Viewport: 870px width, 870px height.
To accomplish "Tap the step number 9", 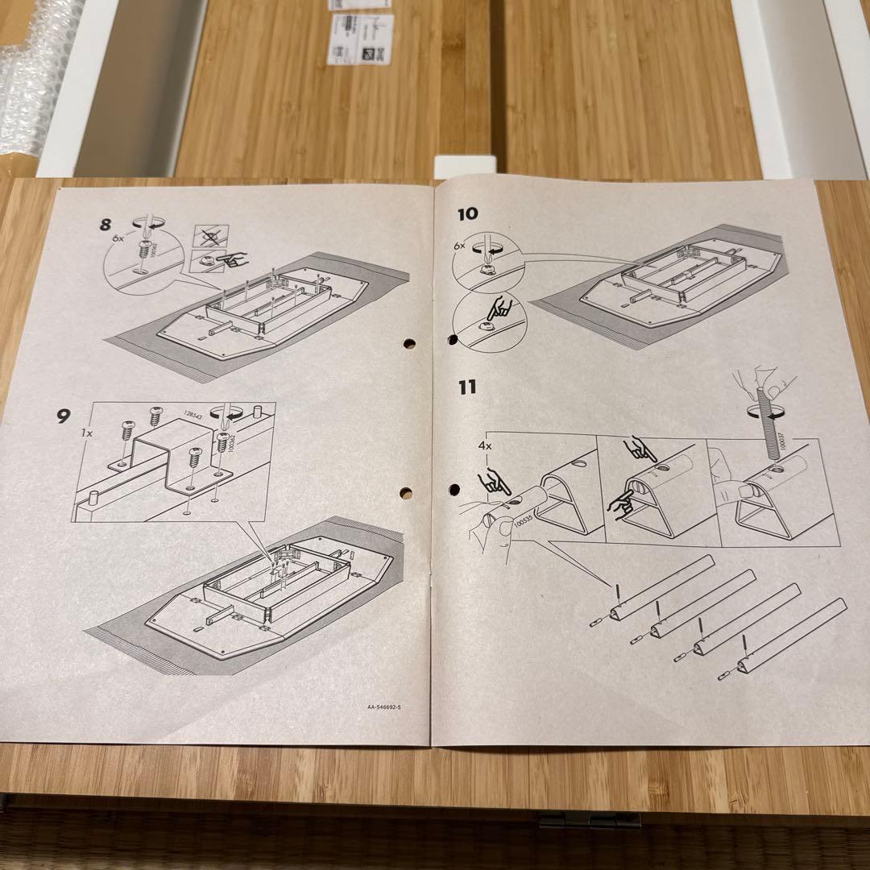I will (64, 417).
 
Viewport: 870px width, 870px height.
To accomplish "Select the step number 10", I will (467, 213).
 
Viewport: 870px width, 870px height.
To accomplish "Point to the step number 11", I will (467, 387).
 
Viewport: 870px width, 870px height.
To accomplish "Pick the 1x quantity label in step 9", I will (87, 432).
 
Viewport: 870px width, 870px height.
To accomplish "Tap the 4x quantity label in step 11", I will (483, 443).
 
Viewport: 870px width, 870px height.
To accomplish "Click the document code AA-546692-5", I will (383, 707).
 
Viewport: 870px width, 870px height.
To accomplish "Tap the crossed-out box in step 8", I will (211, 236).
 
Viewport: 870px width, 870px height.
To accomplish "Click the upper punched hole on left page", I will (410, 344).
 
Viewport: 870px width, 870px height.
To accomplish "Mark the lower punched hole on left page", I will (406, 493).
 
